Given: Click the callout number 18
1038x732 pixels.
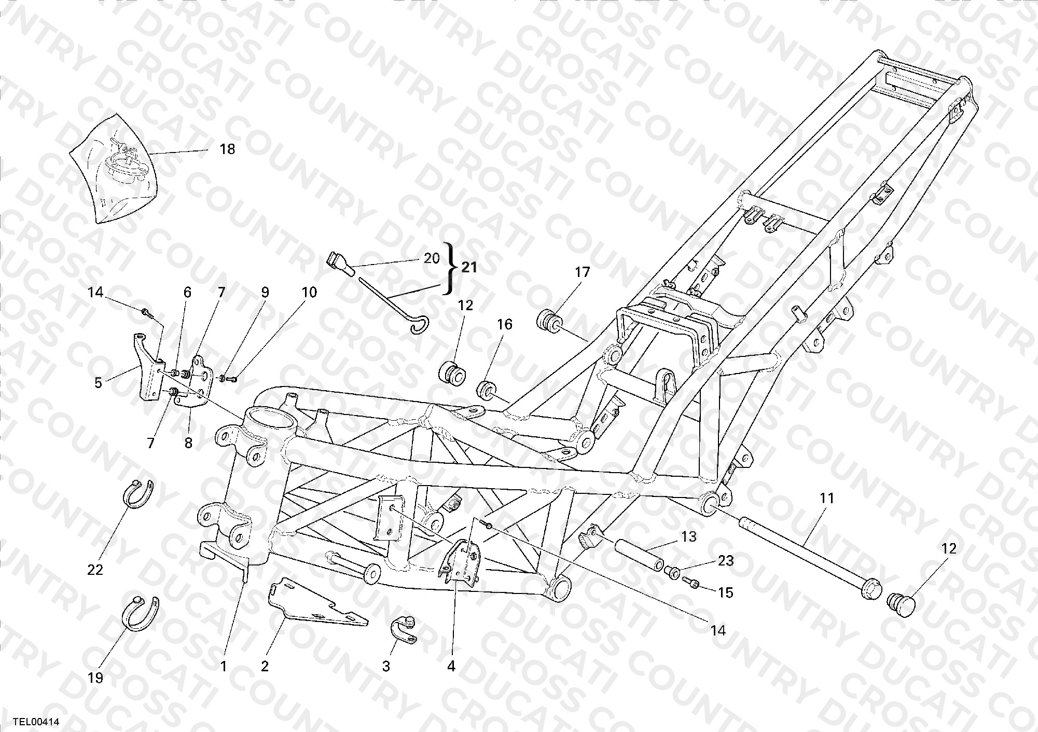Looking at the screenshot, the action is pyautogui.click(x=227, y=149).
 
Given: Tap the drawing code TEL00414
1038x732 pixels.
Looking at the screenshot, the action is pyautogui.click(x=36, y=721).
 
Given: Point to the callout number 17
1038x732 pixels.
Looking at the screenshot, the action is pyautogui.click(x=583, y=272).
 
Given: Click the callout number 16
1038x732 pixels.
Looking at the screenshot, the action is pyautogui.click(x=504, y=324).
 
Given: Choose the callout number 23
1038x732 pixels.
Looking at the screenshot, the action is pyautogui.click(x=726, y=560).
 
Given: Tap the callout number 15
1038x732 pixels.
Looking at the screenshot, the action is pyautogui.click(x=725, y=592).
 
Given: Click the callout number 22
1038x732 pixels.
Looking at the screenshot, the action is pyautogui.click(x=95, y=570).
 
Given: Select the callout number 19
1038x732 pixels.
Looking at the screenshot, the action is pyautogui.click(x=95, y=678).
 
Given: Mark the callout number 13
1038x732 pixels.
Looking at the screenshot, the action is pyautogui.click(x=689, y=537).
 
